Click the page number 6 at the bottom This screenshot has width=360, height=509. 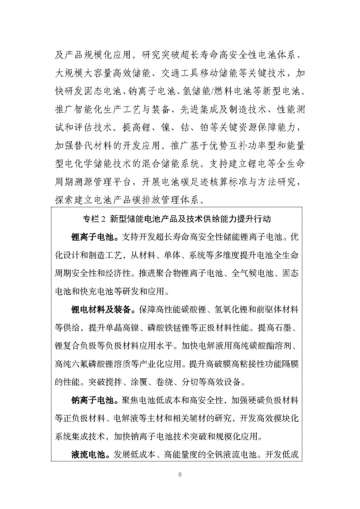click(x=180, y=475)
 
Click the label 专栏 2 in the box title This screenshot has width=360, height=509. click(x=95, y=219)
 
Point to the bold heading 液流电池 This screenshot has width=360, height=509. click(x=90, y=454)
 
